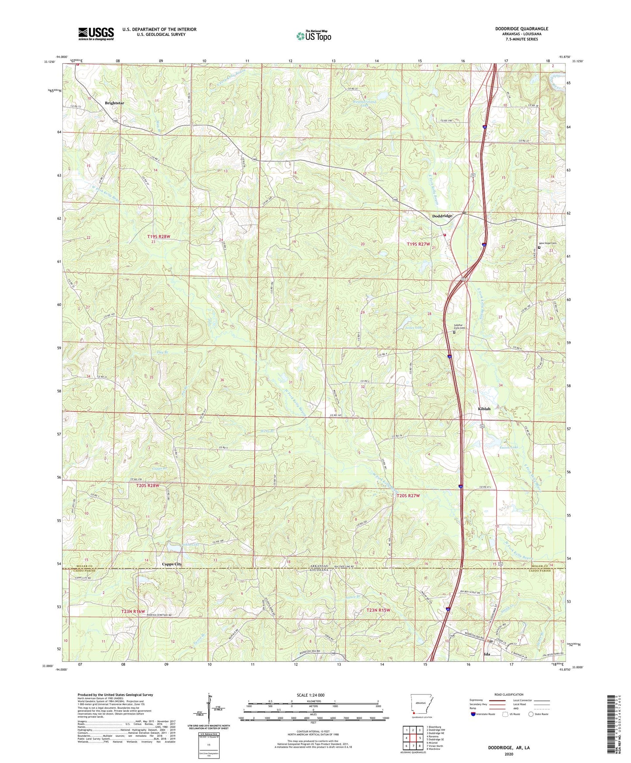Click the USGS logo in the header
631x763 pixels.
(96, 34)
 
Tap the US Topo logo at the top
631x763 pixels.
(314, 36)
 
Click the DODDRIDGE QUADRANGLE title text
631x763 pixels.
(521, 29)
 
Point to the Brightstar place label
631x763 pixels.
(114, 103)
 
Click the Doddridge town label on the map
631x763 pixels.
(442, 216)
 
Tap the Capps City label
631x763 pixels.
(172, 564)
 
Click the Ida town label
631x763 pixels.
(487, 655)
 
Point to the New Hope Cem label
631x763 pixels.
(548, 243)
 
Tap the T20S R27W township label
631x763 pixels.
(408, 496)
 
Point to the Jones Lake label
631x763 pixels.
(414, 327)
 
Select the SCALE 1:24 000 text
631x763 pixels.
(313, 695)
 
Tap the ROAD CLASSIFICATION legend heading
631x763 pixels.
(509, 694)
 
